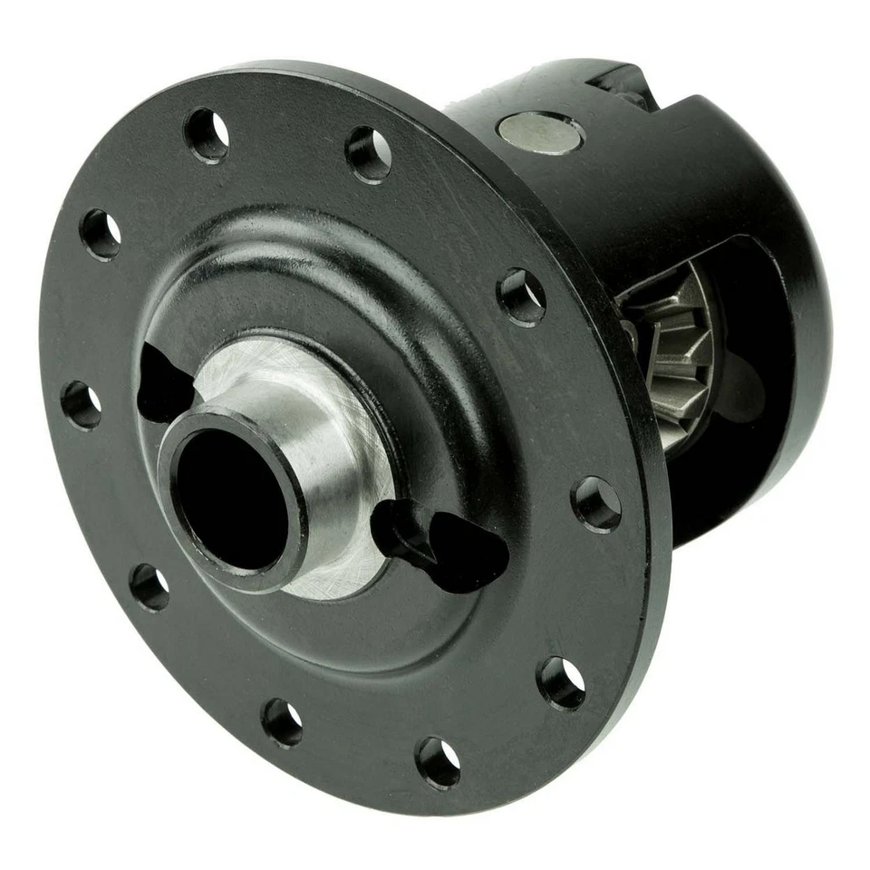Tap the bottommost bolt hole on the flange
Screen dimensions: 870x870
[438, 761]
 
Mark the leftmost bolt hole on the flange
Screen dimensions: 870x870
[81, 405]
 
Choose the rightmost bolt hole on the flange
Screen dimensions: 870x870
[597, 504]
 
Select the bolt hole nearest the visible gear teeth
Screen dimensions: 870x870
[522, 296]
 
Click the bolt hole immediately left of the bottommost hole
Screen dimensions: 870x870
[282, 721]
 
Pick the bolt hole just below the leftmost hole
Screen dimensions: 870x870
[150, 586]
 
